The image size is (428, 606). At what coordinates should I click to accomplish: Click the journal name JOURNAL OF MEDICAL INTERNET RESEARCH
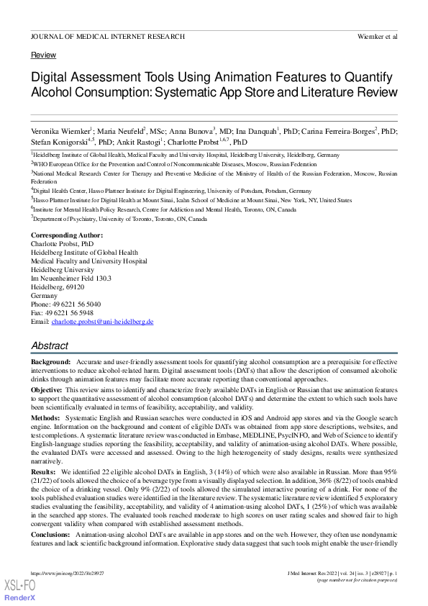click(108, 36)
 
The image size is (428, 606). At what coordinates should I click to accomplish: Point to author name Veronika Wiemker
click(61, 132)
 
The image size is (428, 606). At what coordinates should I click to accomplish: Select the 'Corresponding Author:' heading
click(67, 235)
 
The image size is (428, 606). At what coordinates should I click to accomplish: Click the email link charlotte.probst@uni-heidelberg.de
click(102, 322)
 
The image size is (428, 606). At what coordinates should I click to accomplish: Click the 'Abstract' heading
click(50, 346)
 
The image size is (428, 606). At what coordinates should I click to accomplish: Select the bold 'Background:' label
click(51, 361)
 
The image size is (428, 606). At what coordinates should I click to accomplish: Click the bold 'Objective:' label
click(47, 389)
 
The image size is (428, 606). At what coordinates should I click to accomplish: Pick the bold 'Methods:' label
click(45, 417)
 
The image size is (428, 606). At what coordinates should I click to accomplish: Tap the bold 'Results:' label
click(45, 471)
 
